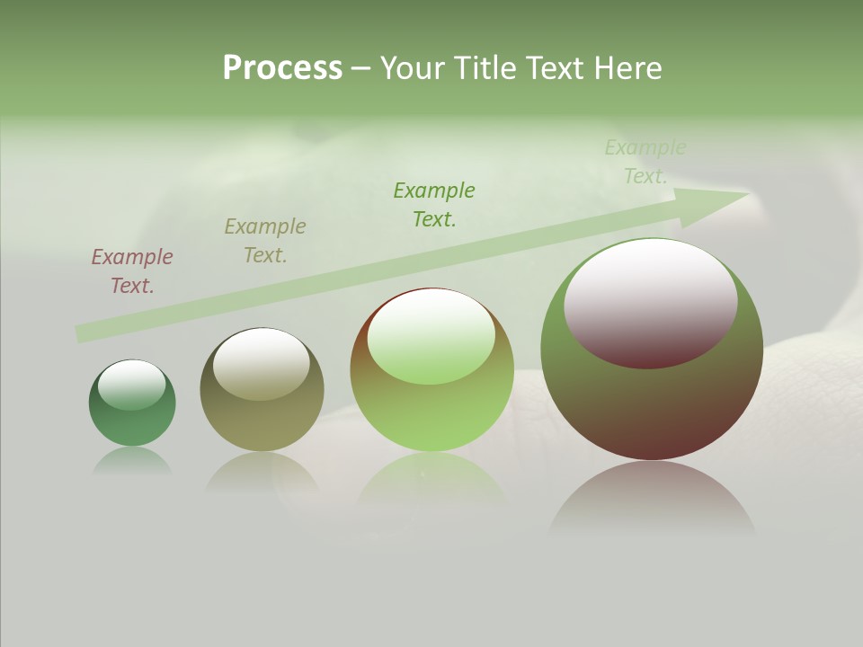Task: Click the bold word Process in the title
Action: click(x=282, y=68)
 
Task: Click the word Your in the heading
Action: click(x=412, y=68)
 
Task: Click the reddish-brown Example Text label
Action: click(x=132, y=271)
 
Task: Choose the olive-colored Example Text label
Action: click(x=265, y=241)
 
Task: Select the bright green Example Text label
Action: click(x=434, y=205)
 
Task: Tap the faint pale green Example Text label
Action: click(x=645, y=162)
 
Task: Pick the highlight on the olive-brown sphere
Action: click(x=262, y=364)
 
